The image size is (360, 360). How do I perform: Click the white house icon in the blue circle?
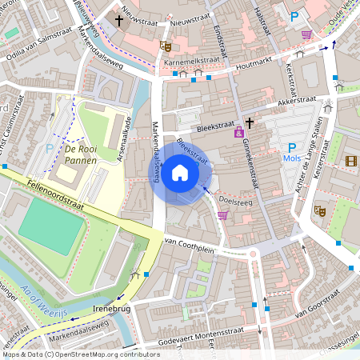(180, 172)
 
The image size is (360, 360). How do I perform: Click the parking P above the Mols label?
(292, 146)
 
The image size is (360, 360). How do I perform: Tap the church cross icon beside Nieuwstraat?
(119, 19)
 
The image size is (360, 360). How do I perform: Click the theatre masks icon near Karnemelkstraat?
(165, 46)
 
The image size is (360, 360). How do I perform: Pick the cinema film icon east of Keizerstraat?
(351, 161)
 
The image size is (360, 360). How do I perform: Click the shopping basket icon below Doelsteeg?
(222, 214)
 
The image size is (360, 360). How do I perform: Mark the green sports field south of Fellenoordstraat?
(52, 223)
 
